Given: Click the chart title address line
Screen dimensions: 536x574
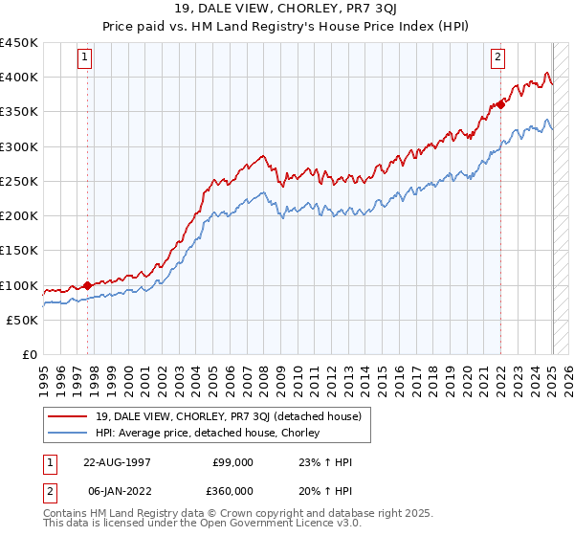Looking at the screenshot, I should point(287,11).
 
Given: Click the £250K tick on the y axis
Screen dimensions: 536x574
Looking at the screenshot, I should point(19,181).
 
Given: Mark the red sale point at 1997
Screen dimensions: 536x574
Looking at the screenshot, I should point(87,285).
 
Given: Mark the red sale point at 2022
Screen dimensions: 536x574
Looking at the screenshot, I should point(500,104).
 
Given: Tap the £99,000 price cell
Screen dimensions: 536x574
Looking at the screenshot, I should point(231,462).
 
